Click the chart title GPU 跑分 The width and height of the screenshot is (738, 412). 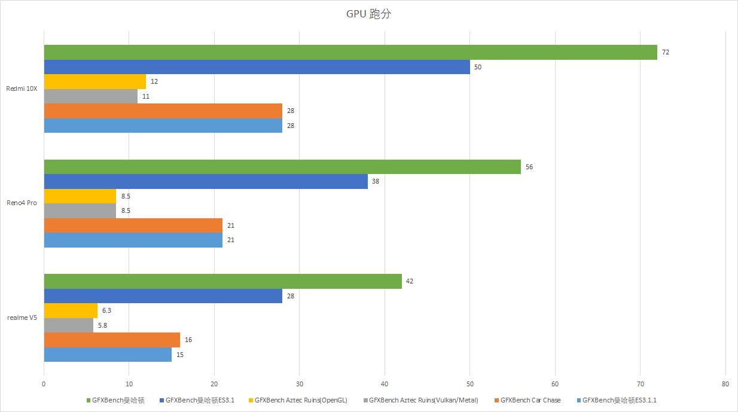coord(368,14)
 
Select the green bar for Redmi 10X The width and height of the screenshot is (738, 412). coord(350,53)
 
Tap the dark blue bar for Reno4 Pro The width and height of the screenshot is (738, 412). coord(206,181)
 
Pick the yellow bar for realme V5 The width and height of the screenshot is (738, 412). coord(71,311)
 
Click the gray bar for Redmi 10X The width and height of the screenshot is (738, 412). coord(91,96)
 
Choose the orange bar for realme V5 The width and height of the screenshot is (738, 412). coord(112,340)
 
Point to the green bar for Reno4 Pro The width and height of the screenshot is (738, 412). coord(282,167)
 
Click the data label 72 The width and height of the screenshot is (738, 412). coord(665,53)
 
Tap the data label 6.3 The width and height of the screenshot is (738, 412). coord(107,311)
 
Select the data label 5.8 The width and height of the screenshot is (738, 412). coord(103,325)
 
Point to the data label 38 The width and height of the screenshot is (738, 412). coord(376,181)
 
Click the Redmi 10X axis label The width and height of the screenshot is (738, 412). coord(22,88)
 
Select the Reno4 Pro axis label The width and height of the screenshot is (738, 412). coord(22,203)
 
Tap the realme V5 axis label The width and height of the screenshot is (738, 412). coord(22,318)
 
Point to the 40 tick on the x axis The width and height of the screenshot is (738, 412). coord(385,384)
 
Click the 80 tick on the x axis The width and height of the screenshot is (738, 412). coord(725,384)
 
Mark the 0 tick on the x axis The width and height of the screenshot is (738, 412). coord(44,384)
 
